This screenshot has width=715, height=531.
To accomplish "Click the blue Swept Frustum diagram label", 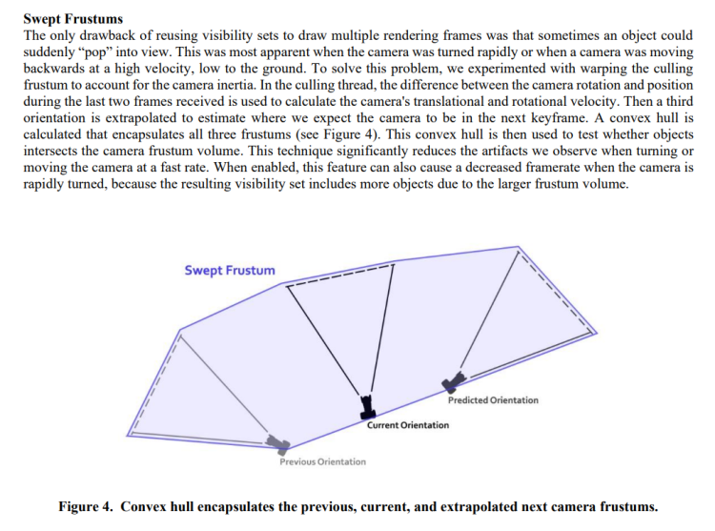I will click(230, 270).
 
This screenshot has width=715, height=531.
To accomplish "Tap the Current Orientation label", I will click(407, 425).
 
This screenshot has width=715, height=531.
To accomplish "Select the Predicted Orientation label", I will click(492, 400).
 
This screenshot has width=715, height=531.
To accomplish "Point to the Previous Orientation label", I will click(322, 462).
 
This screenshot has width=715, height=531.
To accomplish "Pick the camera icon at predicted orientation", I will click(452, 383).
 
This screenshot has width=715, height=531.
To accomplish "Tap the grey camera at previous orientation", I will click(278, 443).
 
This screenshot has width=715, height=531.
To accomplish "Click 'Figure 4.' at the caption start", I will click(87, 506).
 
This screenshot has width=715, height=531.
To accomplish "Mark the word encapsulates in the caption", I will click(243, 506).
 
